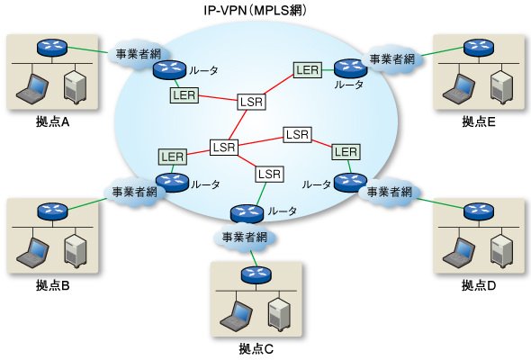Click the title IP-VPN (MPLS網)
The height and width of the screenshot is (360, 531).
(x=256, y=11)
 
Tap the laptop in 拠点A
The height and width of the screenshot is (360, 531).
(x=31, y=87)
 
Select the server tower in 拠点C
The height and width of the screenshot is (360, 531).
(x=280, y=313)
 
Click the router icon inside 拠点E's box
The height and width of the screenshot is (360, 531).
(x=479, y=48)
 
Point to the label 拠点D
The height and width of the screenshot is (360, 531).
(x=479, y=285)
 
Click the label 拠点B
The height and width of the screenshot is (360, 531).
(x=53, y=285)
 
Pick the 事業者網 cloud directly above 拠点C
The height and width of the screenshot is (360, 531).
(x=245, y=237)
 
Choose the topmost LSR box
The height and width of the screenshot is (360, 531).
(x=251, y=102)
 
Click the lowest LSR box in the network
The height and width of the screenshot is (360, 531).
(x=269, y=174)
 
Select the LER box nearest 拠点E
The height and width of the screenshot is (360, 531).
(x=308, y=70)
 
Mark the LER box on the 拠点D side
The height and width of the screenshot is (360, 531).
(x=346, y=151)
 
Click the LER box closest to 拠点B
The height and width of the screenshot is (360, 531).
(x=173, y=157)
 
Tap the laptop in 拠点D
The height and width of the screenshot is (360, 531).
(x=458, y=251)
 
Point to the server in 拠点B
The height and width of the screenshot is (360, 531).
(x=76, y=251)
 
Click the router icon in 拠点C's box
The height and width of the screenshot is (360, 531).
(x=256, y=275)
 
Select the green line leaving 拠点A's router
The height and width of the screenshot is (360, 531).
(x=87, y=50)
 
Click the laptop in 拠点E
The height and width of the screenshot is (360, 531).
(x=458, y=87)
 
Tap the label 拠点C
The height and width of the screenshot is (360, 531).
(x=256, y=348)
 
